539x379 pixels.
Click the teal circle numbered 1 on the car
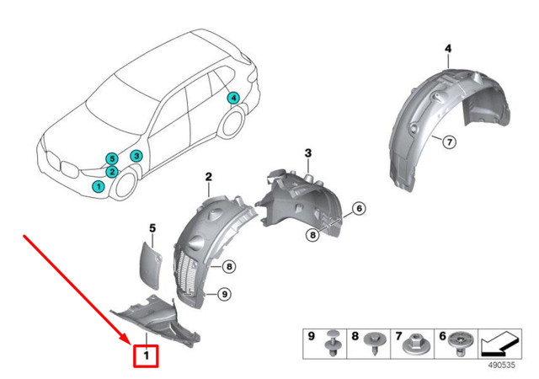pos(99,186)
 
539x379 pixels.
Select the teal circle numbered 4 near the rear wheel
pos(233,99)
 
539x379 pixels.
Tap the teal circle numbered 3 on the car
pos(136,157)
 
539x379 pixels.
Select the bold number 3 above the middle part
pos(308,152)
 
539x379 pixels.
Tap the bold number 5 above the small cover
pos(152,227)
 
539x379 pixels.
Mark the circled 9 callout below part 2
pos(223,293)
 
